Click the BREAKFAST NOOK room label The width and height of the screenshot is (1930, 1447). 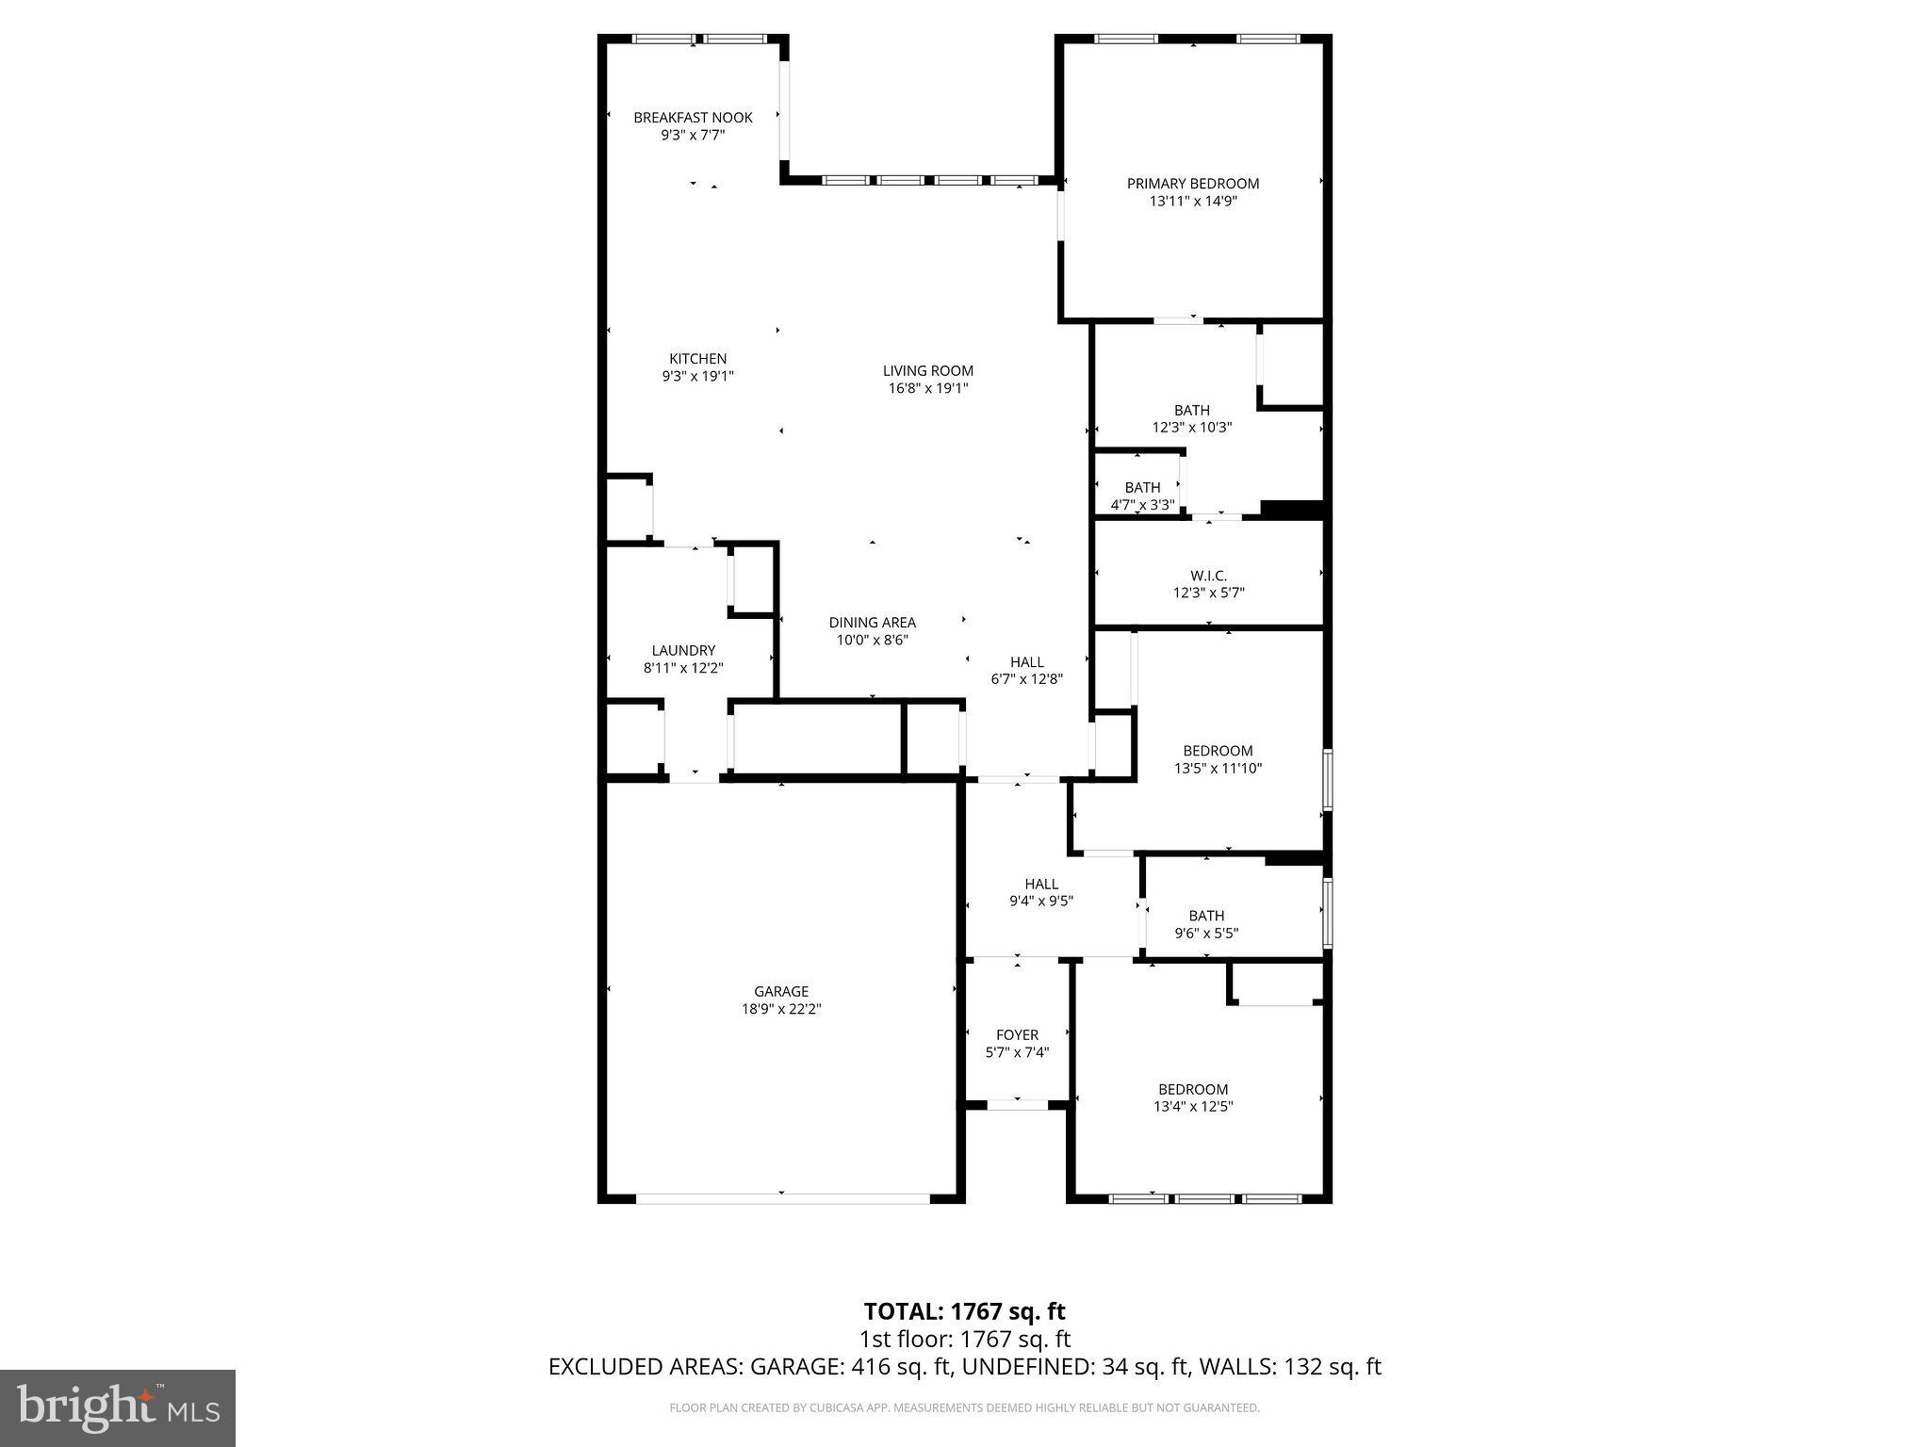693,118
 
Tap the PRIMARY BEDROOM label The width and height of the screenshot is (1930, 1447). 1193,184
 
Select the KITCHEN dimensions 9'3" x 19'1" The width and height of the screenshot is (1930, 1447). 697,376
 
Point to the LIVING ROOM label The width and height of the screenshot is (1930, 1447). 927,371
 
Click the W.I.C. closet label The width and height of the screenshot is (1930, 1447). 1208,576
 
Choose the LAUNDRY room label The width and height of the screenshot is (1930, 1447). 683,651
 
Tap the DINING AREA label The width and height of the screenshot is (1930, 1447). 872,623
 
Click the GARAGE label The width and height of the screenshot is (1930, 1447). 780,991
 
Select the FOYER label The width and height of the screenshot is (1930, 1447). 1017,1034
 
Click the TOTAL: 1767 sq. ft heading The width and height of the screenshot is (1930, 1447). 964,1311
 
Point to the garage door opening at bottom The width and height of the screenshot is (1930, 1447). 782,1198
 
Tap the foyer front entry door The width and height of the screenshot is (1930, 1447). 1017,1104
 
